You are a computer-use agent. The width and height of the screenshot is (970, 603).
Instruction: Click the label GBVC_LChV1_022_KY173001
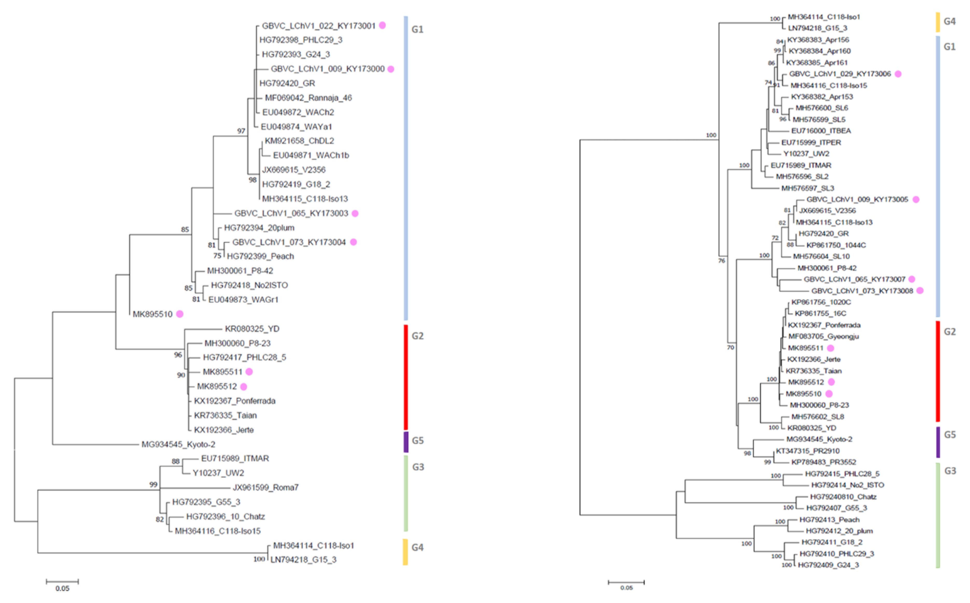coord(318,26)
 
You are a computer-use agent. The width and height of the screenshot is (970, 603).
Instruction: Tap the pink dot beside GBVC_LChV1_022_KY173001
coord(382,25)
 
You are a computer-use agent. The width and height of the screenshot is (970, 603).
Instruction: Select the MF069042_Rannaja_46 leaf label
coord(308,98)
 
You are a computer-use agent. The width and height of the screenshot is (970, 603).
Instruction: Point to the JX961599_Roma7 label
coord(266,487)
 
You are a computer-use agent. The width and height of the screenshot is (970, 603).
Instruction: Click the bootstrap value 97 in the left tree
coord(241,131)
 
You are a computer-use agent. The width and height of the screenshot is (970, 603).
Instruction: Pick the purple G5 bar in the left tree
coord(406,442)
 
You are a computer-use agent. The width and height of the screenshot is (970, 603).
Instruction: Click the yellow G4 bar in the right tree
coord(938,22)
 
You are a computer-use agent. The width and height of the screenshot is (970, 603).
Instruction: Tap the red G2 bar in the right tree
coord(938,371)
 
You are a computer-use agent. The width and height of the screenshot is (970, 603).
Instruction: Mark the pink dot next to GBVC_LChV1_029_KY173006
coord(898,74)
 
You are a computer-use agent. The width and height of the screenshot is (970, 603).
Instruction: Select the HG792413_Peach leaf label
coord(829,520)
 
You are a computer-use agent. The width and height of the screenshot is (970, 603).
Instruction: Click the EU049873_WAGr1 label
coord(243,300)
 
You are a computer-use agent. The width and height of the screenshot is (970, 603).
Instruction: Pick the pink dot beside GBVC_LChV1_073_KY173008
coord(920,290)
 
